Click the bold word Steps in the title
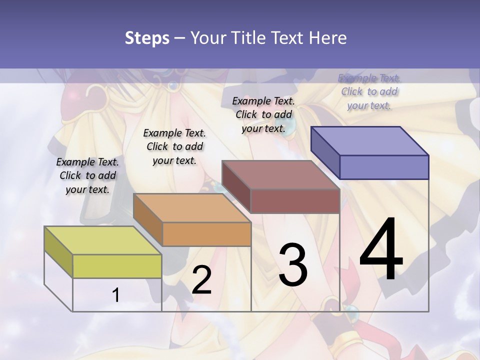pos(147,38)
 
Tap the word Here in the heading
pos(327,38)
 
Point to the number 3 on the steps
pos(293,265)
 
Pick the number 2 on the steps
pos(201,280)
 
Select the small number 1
pos(116,295)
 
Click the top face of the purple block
pos(370,140)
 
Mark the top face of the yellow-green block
pos(103,240)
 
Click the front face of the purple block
pos(384,167)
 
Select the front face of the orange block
pos(206,234)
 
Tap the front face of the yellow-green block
pos(117,266)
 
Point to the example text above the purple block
pos(369,91)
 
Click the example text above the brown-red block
pos(263,114)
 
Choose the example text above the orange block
pos(174,146)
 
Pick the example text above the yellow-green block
pos(87,175)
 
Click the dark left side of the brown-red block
pos(236,187)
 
